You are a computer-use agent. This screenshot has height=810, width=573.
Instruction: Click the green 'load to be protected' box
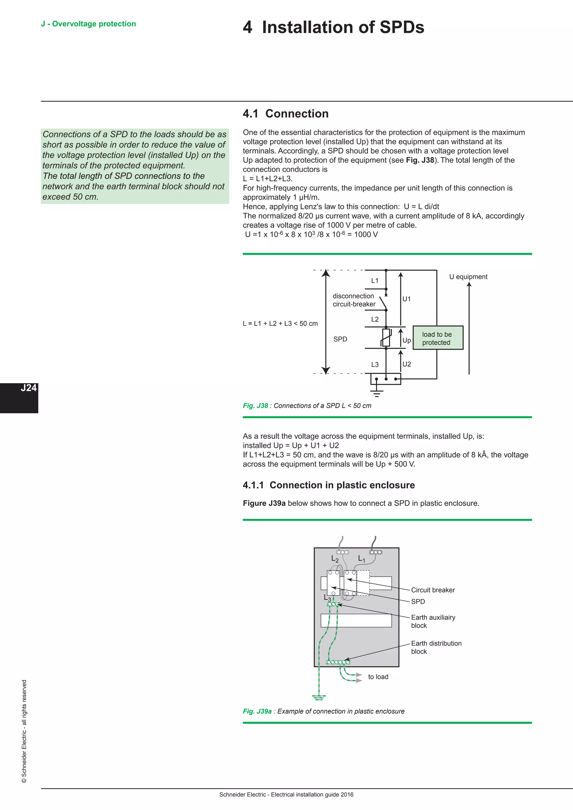pos(438,338)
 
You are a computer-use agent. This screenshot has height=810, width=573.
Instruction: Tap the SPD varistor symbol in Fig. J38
pos(386,338)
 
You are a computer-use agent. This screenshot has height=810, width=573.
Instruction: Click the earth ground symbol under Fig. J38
pos(377,392)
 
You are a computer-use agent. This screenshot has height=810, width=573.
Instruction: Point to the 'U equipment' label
pos(468,277)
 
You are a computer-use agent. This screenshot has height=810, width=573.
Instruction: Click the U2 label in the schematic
pos(407,364)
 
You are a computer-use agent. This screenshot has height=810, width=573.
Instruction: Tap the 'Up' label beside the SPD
pos(407,340)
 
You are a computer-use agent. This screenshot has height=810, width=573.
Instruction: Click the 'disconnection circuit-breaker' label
pos(354,300)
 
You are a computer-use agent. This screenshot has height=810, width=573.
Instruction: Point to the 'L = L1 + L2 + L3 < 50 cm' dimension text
pos(280,324)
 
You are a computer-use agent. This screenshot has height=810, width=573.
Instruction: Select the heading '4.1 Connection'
pos(285,114)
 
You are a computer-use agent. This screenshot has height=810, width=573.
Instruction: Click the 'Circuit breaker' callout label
pos(433,590)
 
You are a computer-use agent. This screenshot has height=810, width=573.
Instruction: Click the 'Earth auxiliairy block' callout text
pos(433,621)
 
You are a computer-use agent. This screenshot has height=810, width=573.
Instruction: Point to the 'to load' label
pos(378,677)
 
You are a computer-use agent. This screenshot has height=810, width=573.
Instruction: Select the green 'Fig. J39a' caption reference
pos(257,711)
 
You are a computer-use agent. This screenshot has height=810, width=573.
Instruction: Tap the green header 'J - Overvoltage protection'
pos(88,24)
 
